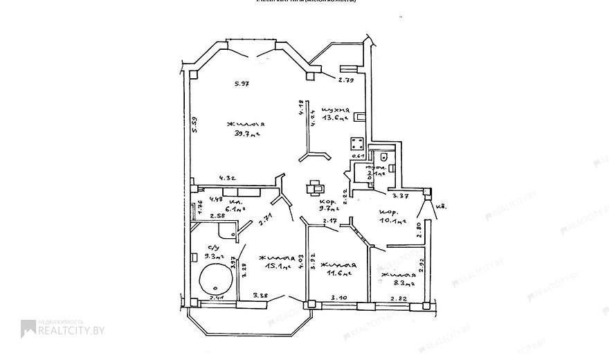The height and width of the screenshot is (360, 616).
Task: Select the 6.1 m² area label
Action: [235, 208]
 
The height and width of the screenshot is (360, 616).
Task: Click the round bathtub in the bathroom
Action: [216, 280]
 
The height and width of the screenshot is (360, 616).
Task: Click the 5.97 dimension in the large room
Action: [241, 84]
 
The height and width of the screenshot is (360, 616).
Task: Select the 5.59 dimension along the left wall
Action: [195, 124]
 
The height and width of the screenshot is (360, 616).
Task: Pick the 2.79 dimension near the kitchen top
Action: [346, 80]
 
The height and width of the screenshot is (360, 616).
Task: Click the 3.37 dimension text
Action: [402, 196]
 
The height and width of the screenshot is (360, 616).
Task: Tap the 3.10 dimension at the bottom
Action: [339, 298]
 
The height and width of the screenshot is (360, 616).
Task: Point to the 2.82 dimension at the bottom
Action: [399, 298]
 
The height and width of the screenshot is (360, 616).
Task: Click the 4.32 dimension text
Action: [228, 178]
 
